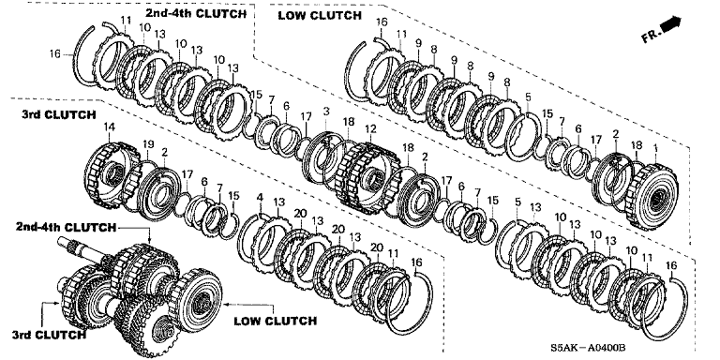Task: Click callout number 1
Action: coord(655,148)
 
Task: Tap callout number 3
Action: coord(326,112)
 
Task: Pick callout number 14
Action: coord(110,127)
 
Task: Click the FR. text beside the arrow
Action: coord(652,36)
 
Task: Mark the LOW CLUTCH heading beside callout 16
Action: coord(320,16)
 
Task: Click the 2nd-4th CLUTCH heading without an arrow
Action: coord(196,13)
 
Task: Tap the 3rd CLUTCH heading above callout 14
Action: coord(58,114)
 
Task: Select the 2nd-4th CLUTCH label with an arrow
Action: coord(66,227)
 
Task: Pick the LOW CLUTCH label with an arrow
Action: coord(275,321)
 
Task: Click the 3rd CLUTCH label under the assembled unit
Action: coord(49,335)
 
